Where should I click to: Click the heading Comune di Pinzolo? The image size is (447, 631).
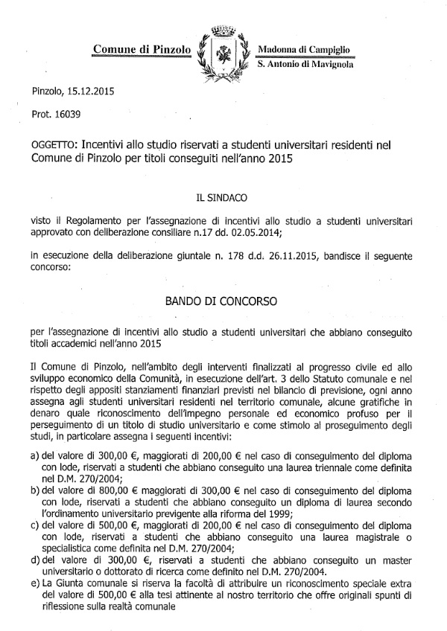pos(142,50)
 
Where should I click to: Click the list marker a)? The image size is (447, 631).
pos(35,455)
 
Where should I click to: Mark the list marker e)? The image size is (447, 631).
pos(35,583)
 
